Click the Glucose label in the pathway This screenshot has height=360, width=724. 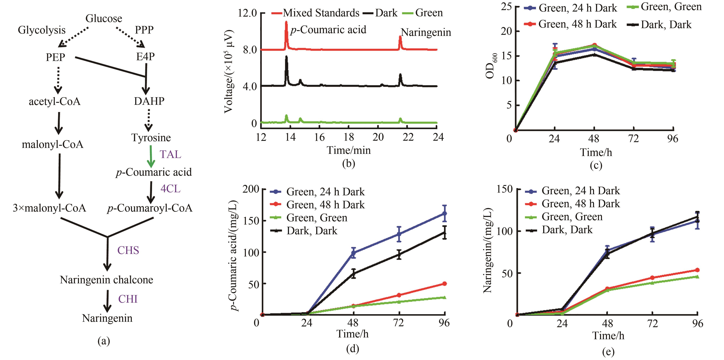click(104, 19)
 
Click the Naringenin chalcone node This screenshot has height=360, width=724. click(107, 280)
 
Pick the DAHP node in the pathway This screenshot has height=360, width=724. click(149, 101)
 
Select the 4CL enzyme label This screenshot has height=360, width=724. click(170, 189)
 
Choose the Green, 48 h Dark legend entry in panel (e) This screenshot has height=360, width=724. click(580, 204)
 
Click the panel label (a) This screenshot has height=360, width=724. click(103, 341)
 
